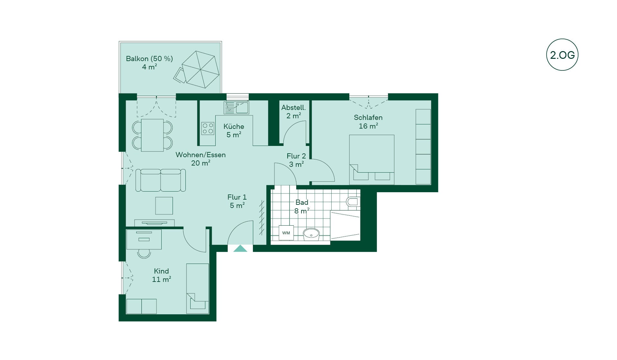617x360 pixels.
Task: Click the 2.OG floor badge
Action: (x=562, y=55)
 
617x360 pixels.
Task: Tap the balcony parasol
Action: (x=201, y=69)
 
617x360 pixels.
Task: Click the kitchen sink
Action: (x=237, y=108)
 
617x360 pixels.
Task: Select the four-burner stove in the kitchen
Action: (x=208, y=128)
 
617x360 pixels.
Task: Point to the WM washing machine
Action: (x=286, y=233)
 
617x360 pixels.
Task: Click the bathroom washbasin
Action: (x=311, y=234)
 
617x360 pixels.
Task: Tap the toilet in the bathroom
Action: (x=353, y=202)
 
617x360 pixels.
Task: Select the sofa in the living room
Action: (x=160, y=180)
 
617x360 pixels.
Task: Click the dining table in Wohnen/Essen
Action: (x=152, y=135)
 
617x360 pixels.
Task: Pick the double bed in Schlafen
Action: (x=372, y=159)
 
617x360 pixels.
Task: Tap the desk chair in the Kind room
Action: (x=144, y=254)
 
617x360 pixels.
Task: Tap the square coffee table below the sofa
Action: (x=164, y=206)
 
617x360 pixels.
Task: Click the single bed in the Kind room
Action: (x=198, y=289)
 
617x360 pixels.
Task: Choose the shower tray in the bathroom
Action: (x=345, y=226)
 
